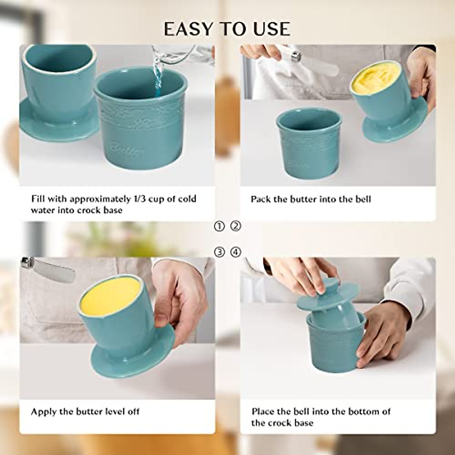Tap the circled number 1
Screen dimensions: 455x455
pos(219,226)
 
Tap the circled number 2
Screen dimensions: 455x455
pos(236,226)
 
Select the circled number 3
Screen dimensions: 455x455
pos(219,252)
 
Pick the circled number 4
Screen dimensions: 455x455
pos(236,252)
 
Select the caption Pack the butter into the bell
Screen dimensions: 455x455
pos(311,199)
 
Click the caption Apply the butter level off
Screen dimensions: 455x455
pos(85,411)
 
